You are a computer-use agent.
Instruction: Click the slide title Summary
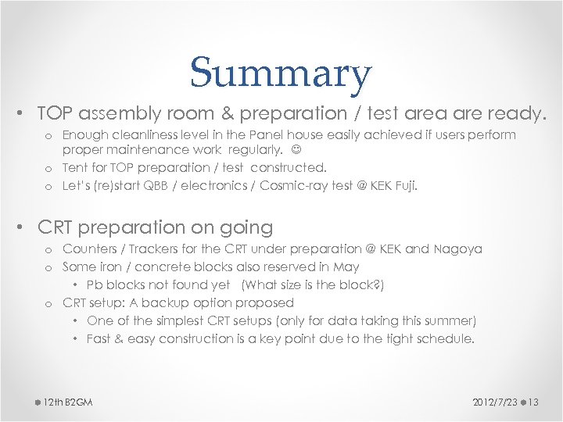point(280,73)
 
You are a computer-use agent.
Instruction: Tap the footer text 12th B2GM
point(68,402)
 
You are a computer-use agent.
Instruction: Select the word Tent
point(75,167)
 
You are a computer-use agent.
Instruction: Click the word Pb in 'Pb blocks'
point(94,285)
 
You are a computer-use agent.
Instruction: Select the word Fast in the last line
point(99,338)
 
